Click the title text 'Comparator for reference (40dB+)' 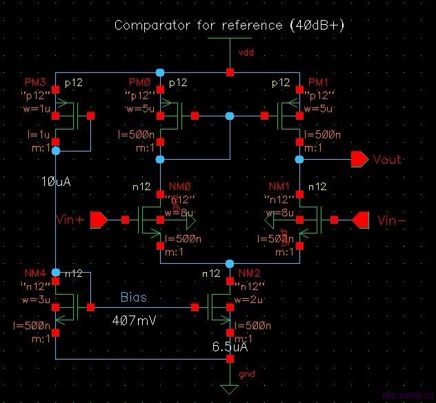pyautogui.click(x=229, y=25)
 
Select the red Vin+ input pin pyautogui.click(x=99, y=220)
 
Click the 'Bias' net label pyautogui.click(x=134, y=298)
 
